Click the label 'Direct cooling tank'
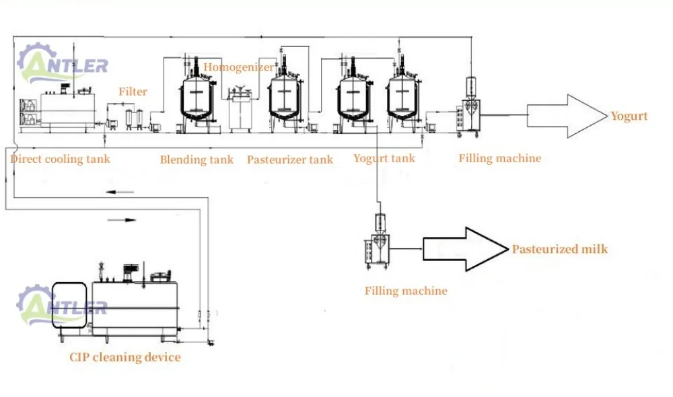[60, 159]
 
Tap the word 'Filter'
[133, 92]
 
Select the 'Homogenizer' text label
[238, 67]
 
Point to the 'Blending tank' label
[197, 159]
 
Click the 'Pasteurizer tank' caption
[289, 159]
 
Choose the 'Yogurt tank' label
[384, 159]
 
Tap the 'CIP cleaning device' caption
[125, 357]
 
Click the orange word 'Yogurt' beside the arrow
[629, 116]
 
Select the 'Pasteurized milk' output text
[559, 249]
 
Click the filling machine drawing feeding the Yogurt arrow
[469, 108]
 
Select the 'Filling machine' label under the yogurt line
[499, 159]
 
